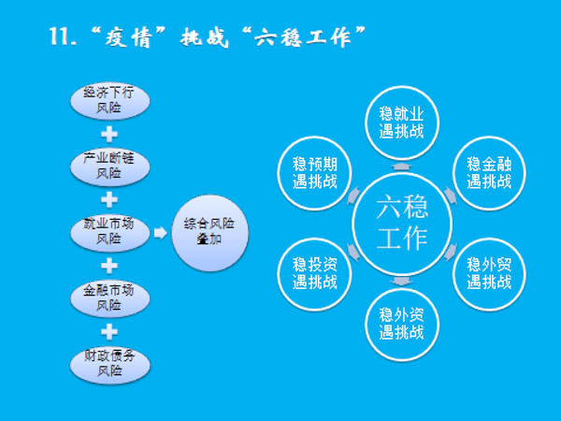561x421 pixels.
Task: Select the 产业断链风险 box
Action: [108, 166]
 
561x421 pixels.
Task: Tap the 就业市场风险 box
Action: [108, 231]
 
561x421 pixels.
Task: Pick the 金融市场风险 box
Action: [108, 297]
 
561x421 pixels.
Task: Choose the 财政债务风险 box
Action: [108, 362]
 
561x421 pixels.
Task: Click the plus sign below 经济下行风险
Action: [108, 133]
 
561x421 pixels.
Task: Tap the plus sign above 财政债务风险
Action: [108, 330]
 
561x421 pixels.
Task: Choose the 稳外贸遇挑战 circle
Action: [489, 272]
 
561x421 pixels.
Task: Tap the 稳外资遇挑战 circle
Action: [402, 324]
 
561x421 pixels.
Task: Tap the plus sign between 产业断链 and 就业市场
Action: [108, 198]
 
